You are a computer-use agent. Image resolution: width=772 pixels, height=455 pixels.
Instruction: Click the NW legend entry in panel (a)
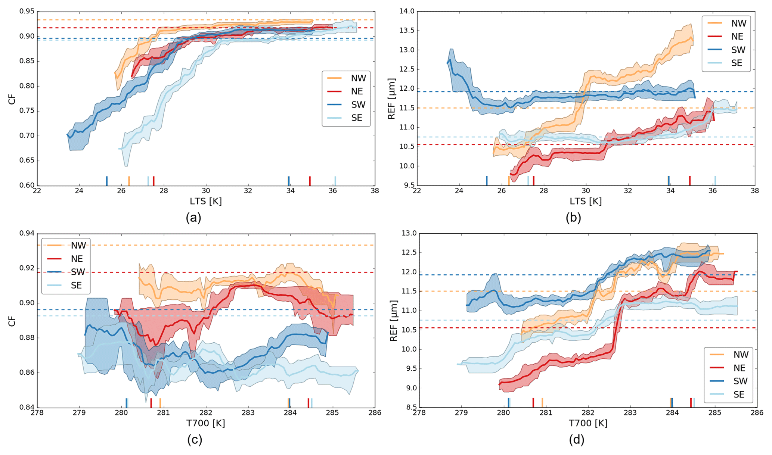[x=358, y=78]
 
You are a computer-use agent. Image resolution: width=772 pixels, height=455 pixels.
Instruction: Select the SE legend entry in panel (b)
[x=736, y=63]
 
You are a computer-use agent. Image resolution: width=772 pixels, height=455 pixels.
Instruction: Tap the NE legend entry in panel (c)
[x=77, y=259]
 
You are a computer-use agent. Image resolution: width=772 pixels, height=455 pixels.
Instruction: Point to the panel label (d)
[x=576, y=440]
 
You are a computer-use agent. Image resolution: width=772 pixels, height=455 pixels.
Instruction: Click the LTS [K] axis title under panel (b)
[x=585, y=202]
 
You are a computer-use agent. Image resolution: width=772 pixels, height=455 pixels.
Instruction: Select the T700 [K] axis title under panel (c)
[x=205, y=423]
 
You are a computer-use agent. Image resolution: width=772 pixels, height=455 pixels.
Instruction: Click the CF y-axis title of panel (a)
[x=12, y=99]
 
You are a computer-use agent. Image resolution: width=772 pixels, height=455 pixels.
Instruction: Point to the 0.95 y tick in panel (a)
[x=27, y=12]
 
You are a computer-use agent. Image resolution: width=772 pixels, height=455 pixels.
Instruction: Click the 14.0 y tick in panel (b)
[x=407, y=12]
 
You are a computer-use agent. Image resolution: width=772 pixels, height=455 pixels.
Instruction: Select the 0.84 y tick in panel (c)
[x=27, y=408]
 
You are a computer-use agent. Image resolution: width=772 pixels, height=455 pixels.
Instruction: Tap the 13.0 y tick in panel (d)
[x=409, y=234]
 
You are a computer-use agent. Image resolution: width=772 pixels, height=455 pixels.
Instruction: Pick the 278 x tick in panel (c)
[x=37, y=413]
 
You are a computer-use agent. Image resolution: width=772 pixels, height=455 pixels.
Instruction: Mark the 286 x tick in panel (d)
[x=757, y=413]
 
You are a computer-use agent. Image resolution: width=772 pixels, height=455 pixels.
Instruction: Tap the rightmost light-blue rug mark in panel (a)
[x=335, y=181]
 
